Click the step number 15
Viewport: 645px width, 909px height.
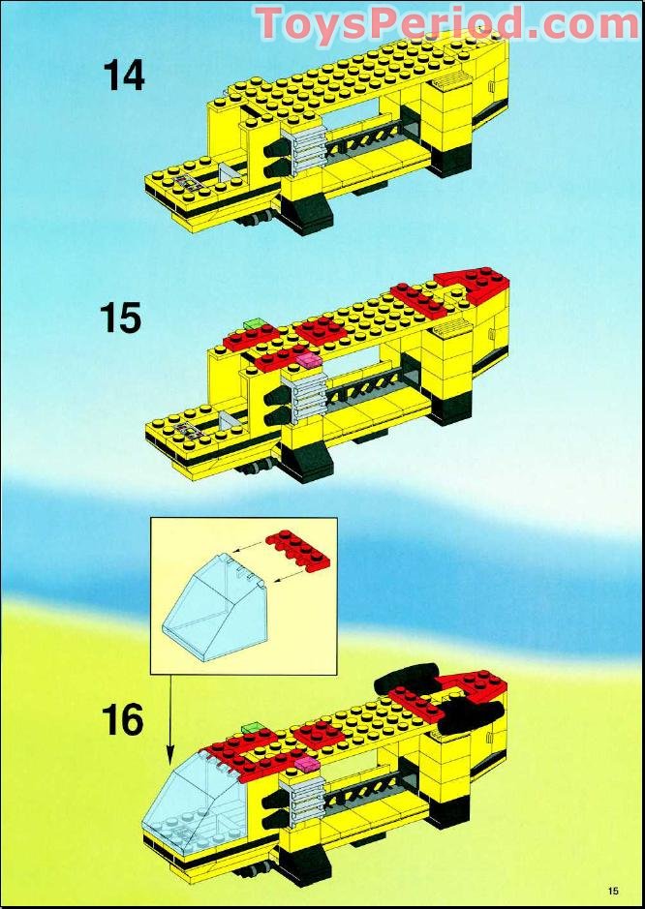[x=121, y=318]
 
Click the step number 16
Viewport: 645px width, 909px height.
[x=122, y=720]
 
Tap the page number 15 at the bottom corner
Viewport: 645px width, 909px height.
[x=615, y=891]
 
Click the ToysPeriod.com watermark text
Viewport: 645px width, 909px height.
[x=447, y=23]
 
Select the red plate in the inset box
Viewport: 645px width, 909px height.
[x=297, y=552]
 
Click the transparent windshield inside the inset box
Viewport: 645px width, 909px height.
[x=213, y=603]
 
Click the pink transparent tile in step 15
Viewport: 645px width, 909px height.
[x=307, y=360]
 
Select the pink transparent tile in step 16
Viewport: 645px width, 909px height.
[x=307, y=764]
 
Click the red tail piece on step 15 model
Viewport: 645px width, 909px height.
[x=473, y=283]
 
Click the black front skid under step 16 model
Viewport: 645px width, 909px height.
[x=303, y=864]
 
